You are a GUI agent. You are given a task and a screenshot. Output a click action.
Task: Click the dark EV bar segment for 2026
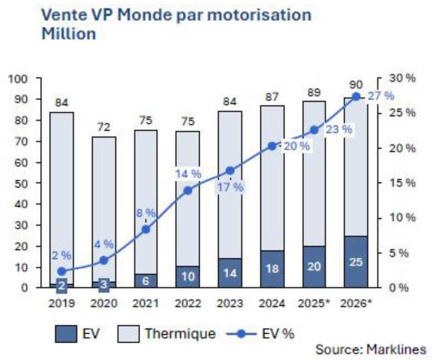coord(356,262)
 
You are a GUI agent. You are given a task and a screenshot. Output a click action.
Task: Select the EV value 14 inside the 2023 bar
coord(230,274)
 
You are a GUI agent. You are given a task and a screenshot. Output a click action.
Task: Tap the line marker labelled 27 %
coord(357,97)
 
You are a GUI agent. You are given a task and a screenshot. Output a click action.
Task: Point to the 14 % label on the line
coord(188,173)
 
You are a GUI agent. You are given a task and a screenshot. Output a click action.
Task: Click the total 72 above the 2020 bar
coord(103,127)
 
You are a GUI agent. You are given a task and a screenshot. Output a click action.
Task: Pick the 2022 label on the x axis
coord(188,303)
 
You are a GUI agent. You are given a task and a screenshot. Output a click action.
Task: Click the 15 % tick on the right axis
coord(402,183)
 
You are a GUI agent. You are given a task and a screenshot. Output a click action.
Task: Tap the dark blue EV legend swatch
coord(66,334)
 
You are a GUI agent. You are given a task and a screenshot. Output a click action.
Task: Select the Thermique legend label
coord(181,334)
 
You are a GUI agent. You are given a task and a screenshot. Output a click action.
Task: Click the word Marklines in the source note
coord(396,350)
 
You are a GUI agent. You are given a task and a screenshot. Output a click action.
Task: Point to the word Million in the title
coord(68,34)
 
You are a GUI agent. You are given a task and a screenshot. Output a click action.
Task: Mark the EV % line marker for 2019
coord(62,271)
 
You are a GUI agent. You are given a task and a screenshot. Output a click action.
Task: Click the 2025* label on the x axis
coord(314,303)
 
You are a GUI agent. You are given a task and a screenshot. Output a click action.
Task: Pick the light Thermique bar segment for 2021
coord(146,202)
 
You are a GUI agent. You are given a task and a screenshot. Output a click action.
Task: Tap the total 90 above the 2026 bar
coord(356,85)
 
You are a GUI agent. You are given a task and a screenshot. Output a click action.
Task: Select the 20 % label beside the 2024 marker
coord(297,147)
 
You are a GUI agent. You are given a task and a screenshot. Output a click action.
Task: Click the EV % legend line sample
coord(242,334)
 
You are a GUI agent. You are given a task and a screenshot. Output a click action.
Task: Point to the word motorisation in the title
coord(259,15)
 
